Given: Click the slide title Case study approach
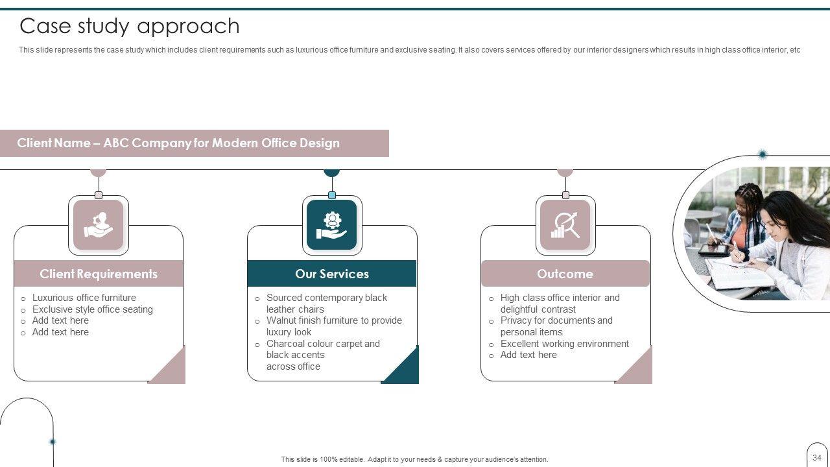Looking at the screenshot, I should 130,26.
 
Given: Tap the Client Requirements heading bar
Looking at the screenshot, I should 99,274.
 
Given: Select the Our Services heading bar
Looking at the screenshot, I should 332,274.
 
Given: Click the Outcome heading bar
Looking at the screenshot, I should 565,274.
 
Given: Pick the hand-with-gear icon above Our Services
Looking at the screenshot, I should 332,225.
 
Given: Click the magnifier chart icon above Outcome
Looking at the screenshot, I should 565,225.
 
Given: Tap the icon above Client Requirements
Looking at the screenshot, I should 99,225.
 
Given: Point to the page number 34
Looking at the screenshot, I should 817,457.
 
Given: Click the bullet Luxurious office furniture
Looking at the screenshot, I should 84,298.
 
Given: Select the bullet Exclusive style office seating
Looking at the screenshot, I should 93,309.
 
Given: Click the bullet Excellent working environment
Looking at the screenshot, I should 564,344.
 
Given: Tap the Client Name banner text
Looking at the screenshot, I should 178,143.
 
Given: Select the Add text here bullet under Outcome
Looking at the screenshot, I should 528,355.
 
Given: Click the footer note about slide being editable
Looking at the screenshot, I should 414,459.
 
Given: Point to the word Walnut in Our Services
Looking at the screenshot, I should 282,320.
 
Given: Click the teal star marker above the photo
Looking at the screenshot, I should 763,154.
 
